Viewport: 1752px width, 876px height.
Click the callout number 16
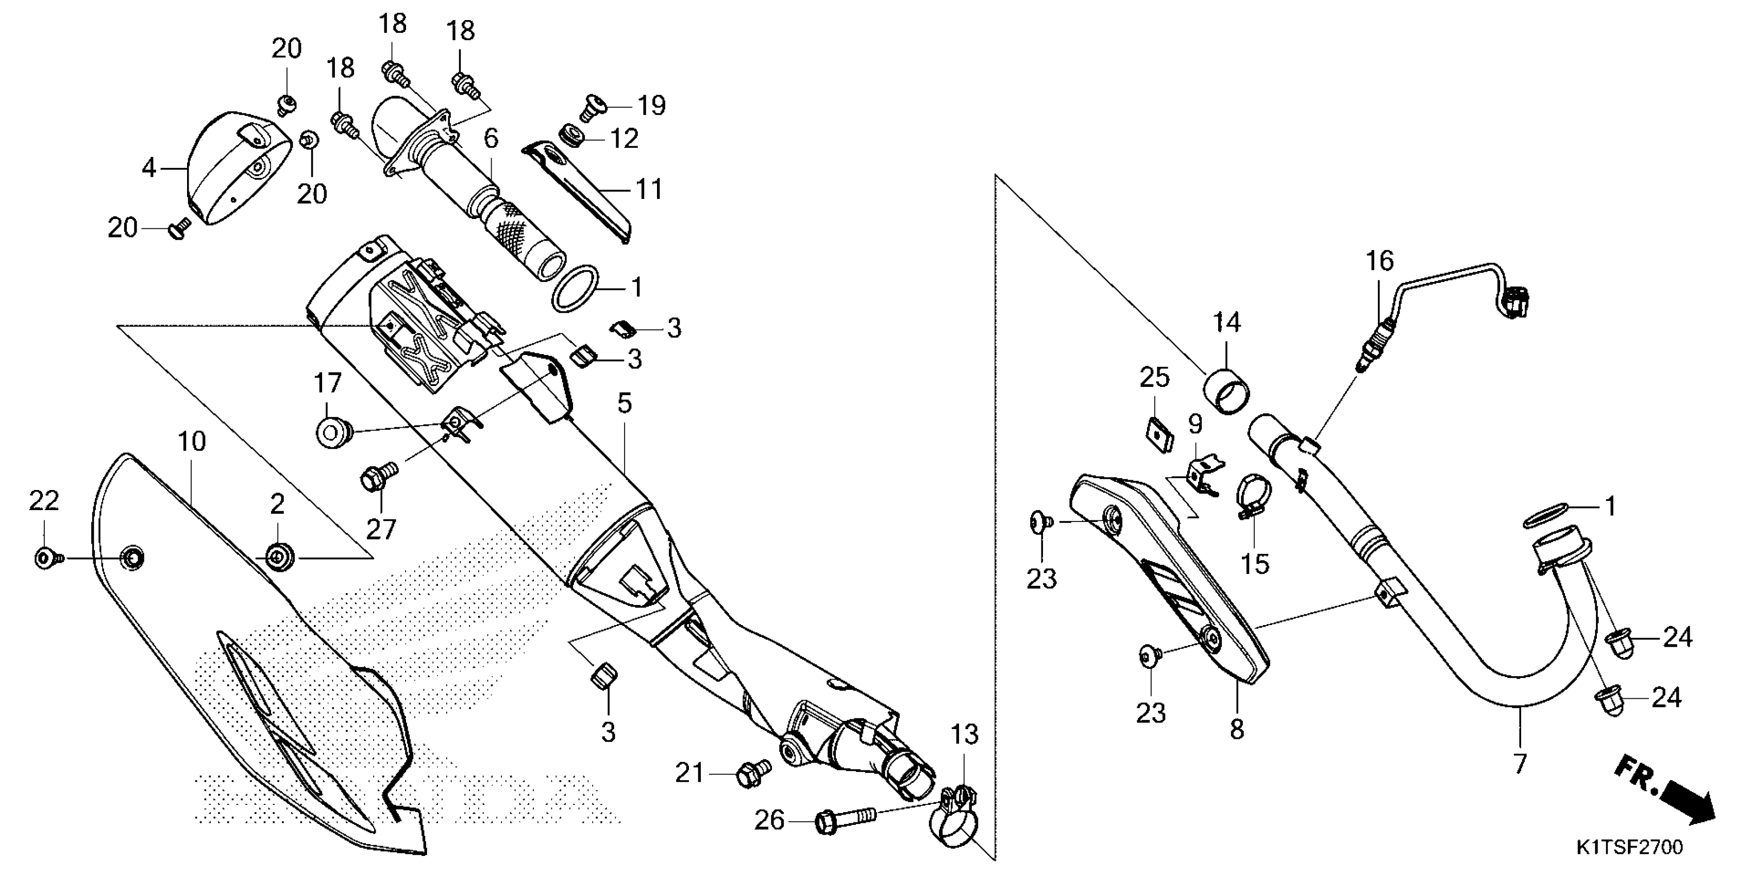pyautogui.click(x=1380, y=261)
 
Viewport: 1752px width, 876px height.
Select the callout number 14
pyautogui.click(x=1226, y=322)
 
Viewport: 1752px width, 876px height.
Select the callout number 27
pyautogui.click(x=380, y=529)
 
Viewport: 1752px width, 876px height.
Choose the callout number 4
pyautogui.click(x=149, y=167)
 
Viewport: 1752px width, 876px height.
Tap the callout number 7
pyautogui.click(x=1520, y=764)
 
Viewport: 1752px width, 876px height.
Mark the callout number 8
pyautogui.click(x=1237, y=730)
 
